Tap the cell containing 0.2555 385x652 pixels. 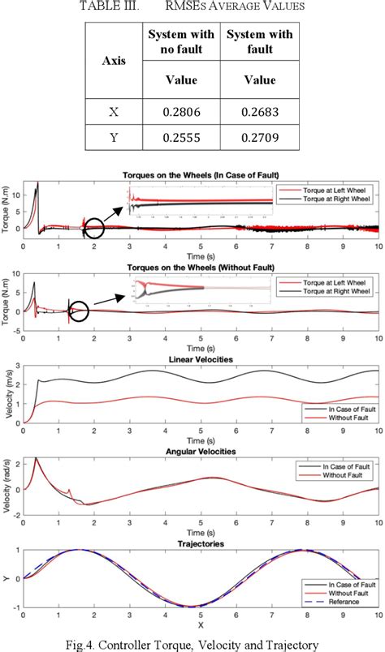180,138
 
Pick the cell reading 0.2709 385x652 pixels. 257,138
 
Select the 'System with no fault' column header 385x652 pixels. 180,41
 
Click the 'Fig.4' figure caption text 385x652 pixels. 192,645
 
